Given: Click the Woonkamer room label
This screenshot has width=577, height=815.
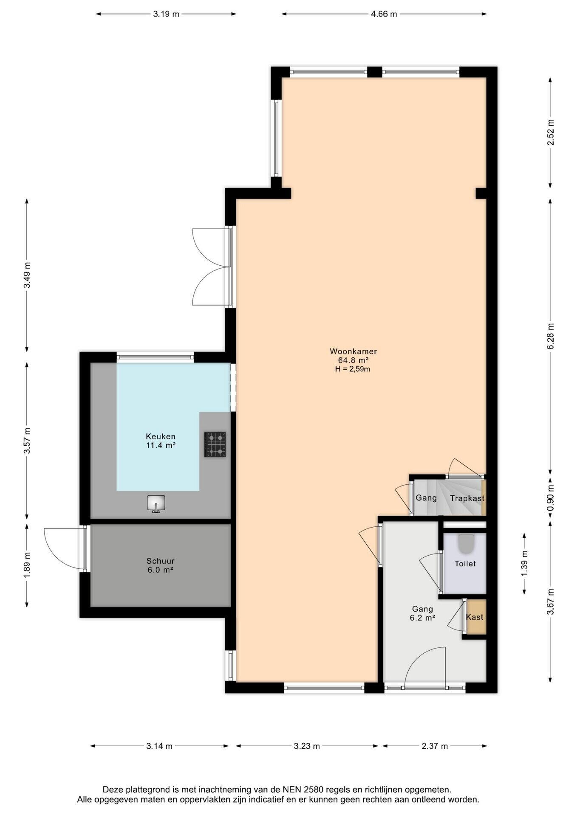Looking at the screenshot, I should (x=353, y=351).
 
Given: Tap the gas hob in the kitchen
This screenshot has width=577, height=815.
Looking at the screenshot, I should (x=215, y=444).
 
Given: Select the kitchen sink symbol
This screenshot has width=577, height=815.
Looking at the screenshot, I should (x=156, y=503).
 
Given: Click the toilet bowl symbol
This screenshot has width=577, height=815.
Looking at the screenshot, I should (x=466, y=544).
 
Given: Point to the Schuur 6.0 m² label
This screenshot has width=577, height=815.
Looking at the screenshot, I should (x=161, y=565).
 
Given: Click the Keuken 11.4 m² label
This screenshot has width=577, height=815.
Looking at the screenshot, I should (x=161, y=441).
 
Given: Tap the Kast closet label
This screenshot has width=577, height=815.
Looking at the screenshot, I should (x=475, y=617).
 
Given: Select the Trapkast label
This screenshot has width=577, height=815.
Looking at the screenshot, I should (x=467, y=498).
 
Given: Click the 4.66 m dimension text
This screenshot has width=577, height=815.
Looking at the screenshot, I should (x=384, y=14).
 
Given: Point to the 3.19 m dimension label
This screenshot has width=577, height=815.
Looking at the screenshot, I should (x=166, y=14).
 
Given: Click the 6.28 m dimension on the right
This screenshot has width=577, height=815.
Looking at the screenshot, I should (x=551, y=336).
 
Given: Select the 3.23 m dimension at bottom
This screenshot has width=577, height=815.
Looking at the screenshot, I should (x=306, y=746).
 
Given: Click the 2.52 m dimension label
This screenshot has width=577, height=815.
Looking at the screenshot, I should (x=551, y=132).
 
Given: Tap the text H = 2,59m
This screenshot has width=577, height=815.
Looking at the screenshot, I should (x=353, y=369).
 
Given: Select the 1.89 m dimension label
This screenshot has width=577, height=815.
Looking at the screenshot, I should (x=27, y=564).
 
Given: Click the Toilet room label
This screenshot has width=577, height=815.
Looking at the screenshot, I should (x=465, y=564).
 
